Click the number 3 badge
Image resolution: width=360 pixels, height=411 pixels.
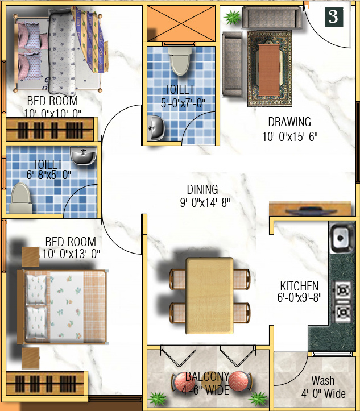click(333, 17)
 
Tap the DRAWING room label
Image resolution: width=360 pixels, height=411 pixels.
click(289, 122)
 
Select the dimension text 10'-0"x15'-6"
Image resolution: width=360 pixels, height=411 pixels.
click(289, 136)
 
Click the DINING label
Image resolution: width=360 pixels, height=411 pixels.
click(202, 190)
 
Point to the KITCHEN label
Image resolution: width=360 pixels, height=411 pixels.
click(299, 286)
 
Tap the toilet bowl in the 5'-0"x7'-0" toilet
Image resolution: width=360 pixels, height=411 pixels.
click(180, 61)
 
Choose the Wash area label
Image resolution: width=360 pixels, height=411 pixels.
click(322, 380)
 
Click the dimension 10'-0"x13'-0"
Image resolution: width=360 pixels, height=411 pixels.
click(71, 254)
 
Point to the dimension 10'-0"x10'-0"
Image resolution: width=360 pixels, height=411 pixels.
click(53, 113)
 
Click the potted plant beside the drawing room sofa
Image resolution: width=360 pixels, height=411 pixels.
click(231, 18)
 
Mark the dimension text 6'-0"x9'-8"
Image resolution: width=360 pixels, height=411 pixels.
click(299, 298)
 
